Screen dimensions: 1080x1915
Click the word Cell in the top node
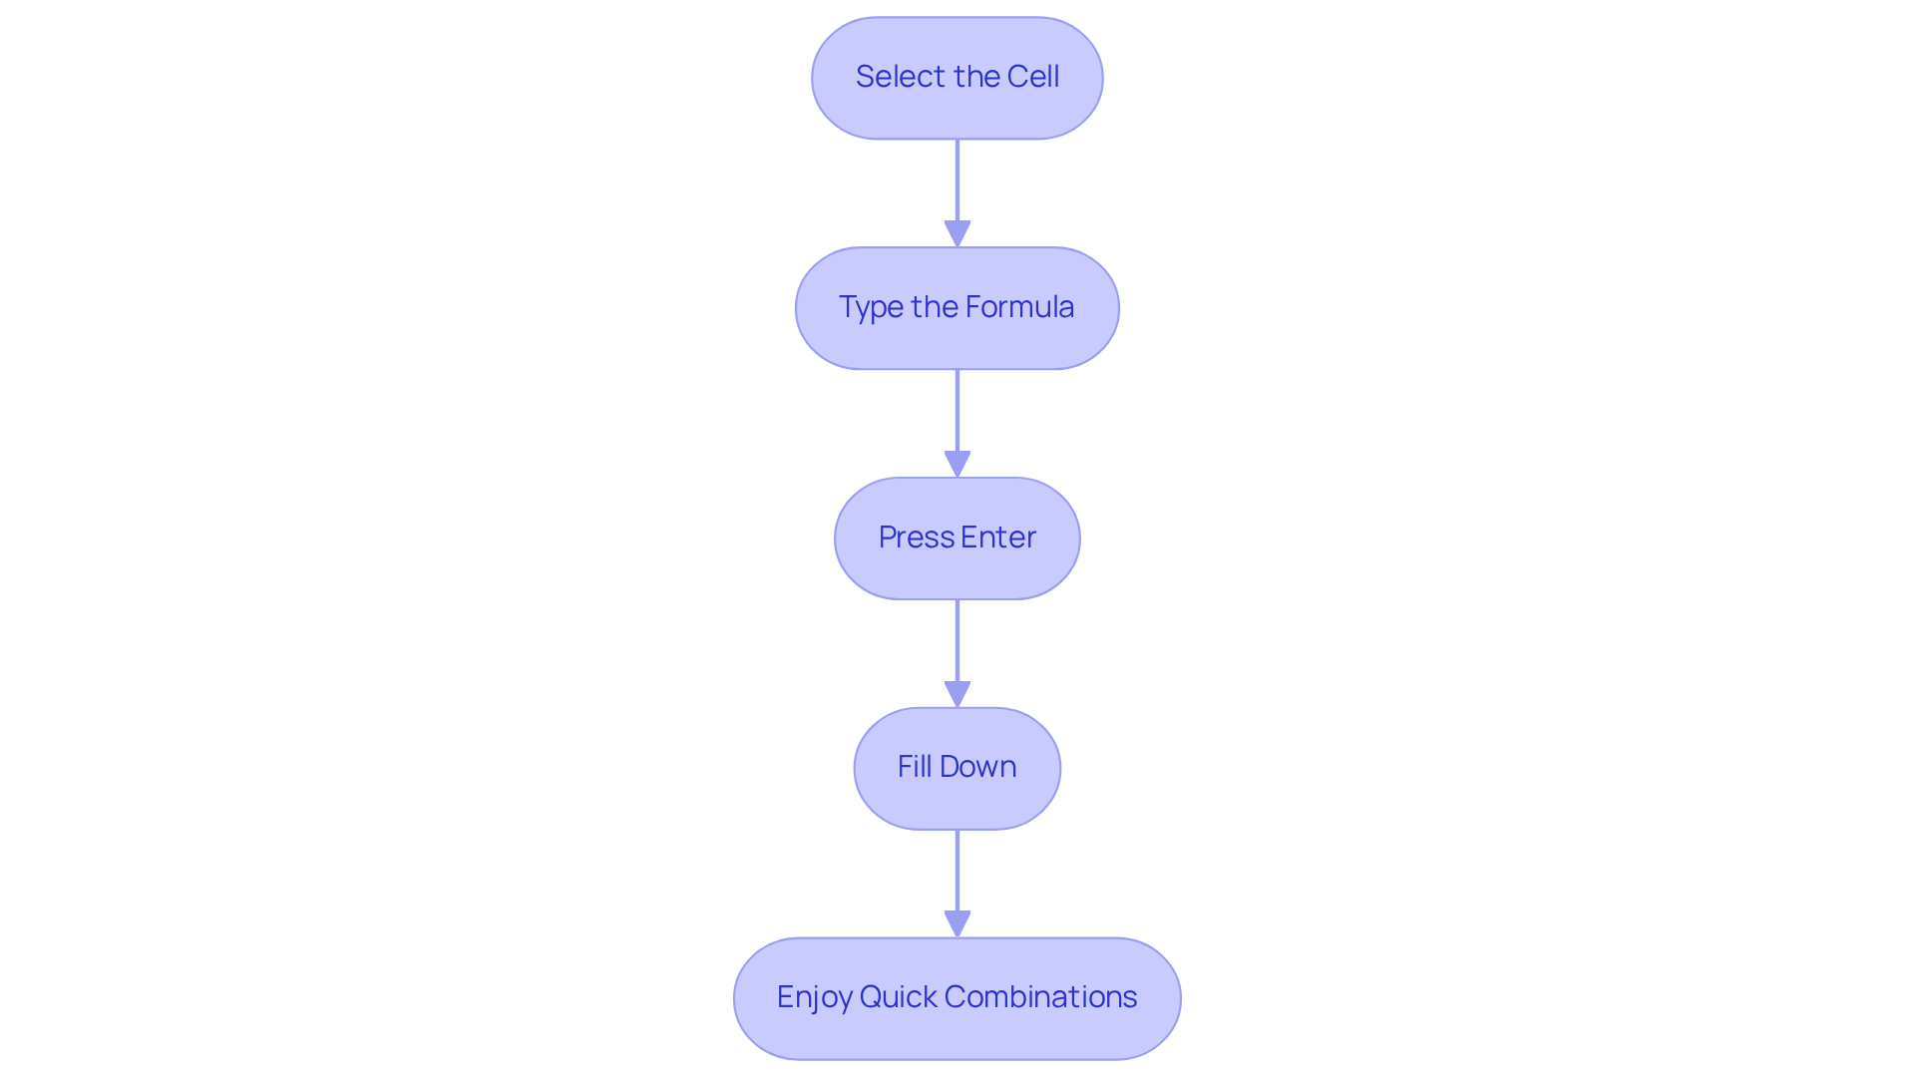(x=1032, y=77)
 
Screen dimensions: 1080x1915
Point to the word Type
(x=871, y=307)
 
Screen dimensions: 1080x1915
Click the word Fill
(x=914, y=767)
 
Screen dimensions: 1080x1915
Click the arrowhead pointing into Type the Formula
(x=957, y=234)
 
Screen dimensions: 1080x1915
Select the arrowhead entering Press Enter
(x=957, y=465)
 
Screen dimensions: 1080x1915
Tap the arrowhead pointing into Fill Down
(x=957, y=695)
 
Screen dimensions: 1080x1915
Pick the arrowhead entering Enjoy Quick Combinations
(x=957, y=924)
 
